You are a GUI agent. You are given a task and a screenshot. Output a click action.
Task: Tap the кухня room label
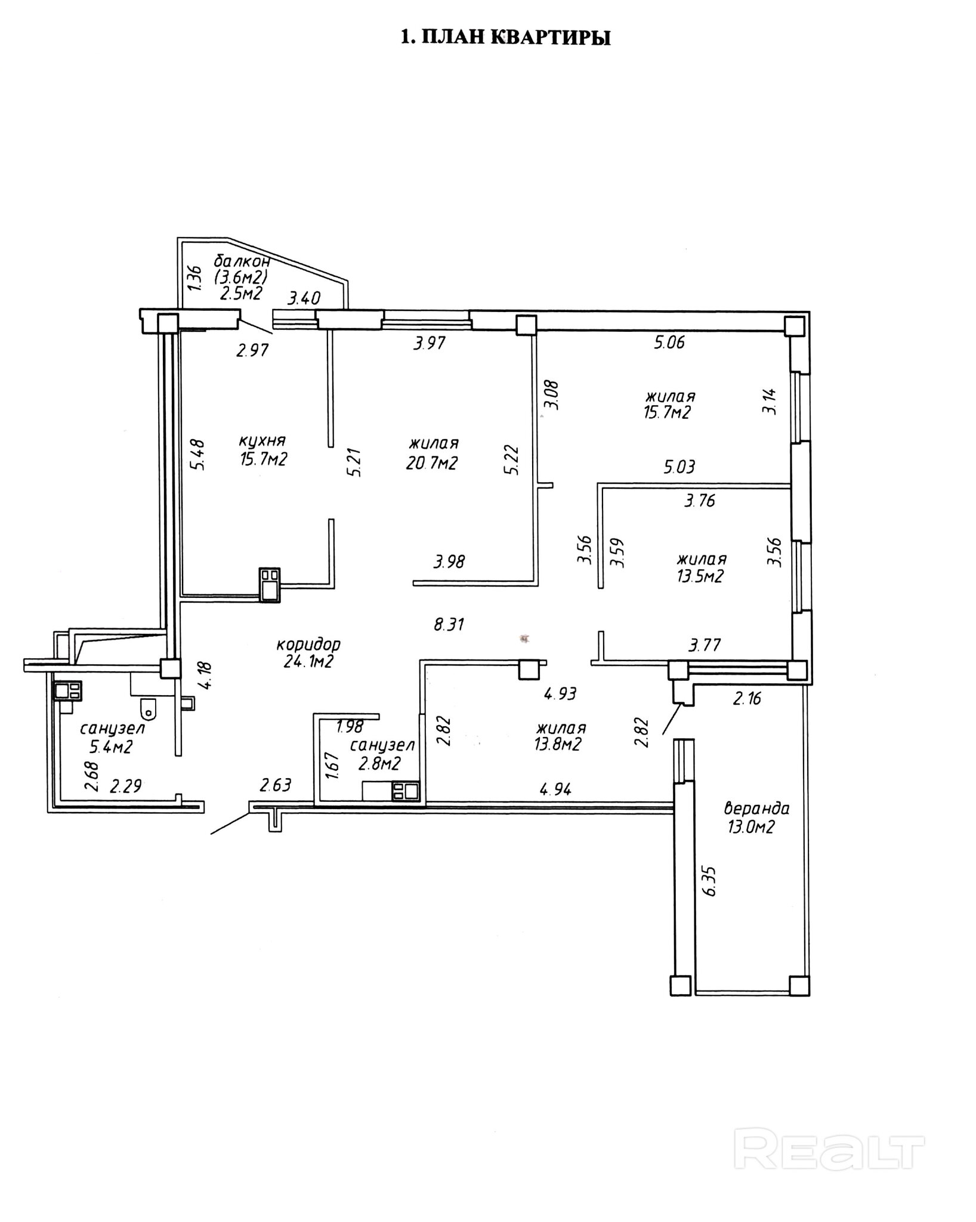tap(262, 441)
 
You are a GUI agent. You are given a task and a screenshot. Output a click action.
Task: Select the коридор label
tap(308, 645)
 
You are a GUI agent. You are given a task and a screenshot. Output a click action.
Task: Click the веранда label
tap(756, 809)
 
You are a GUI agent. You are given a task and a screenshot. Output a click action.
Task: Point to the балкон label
tap(242, 261)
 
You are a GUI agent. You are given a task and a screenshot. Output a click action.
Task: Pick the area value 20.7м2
tap(432, 462)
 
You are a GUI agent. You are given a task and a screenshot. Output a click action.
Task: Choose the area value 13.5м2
tap(700, 576)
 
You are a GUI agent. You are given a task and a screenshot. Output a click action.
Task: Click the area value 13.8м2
tap(558, 745)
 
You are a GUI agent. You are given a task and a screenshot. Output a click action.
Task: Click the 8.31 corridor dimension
tap(449, 625)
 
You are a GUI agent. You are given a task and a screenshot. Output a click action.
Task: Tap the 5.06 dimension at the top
tap(669, 342)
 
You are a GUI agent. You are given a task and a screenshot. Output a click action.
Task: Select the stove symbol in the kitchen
tap(269, 584)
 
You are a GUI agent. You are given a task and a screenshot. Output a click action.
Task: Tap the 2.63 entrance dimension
tap(276, 785)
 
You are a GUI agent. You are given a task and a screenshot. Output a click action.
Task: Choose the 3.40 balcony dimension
tap(305, 298)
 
